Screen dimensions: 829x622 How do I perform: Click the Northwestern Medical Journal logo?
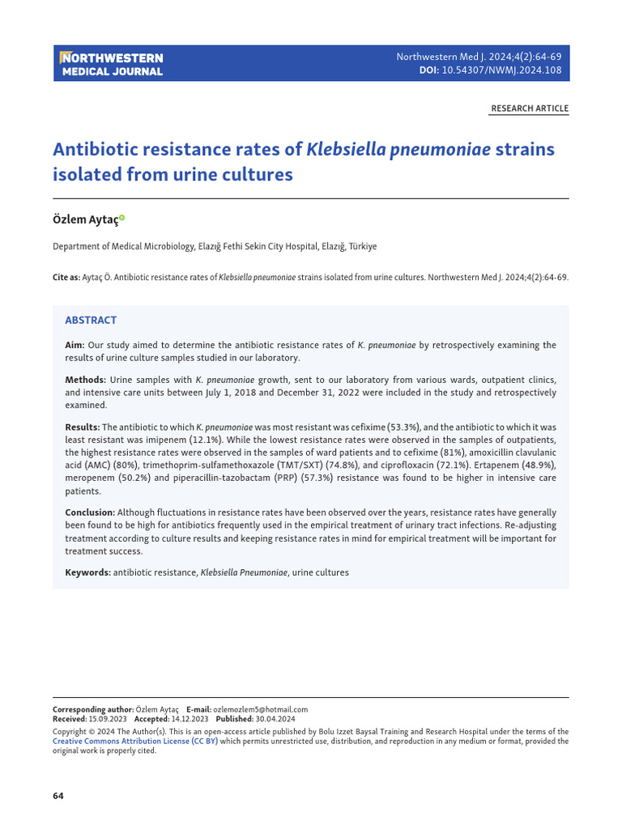112,64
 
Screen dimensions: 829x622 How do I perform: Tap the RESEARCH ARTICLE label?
530,108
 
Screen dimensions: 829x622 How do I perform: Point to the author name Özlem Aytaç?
84,219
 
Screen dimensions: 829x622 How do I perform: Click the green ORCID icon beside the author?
122,218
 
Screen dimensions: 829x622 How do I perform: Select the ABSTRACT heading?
91,320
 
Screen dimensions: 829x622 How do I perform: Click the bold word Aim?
75,345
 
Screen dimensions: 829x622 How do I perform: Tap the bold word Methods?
85,380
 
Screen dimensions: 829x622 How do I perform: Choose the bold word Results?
83,427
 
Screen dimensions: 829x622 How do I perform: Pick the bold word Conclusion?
90,512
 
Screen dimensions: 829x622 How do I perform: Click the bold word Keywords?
87,572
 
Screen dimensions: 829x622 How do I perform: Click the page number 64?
58,796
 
